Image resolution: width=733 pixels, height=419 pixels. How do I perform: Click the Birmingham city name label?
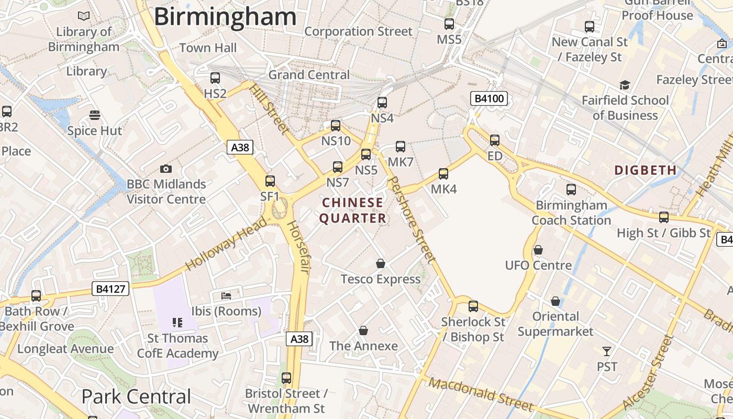pos(225,17)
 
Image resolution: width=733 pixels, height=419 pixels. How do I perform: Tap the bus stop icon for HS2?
pos(215,78)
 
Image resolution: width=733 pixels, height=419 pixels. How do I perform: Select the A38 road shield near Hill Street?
pos(240,147)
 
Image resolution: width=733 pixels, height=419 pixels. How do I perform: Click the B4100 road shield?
pos(489,98)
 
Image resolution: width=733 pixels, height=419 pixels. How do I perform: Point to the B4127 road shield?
pos(110,289)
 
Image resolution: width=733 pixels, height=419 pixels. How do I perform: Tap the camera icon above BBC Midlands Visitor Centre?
pos(166,169)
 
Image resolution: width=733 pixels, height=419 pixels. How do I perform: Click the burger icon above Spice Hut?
pos(95,115)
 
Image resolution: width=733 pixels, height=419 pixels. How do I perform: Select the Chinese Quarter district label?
pos(352,211)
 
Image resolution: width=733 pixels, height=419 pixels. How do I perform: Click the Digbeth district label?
pos(646,170)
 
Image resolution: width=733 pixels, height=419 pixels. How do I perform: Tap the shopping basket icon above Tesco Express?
pos(381,263)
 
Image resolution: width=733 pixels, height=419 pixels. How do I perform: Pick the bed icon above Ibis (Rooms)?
pos(226,295)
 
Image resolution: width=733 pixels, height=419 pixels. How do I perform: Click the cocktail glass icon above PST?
pos(607,351)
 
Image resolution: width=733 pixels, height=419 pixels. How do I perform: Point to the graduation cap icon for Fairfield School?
pos(625,85)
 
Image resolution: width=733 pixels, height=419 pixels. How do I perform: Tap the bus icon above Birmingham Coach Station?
pos(571,190)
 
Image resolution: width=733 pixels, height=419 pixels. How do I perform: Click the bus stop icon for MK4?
pos(443,174)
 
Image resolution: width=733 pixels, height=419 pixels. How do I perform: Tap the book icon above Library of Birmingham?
pos(84,16)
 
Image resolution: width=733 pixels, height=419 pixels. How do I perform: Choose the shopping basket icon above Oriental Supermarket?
pos(556,301)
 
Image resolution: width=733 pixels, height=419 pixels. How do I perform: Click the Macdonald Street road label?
pos(481,394)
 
